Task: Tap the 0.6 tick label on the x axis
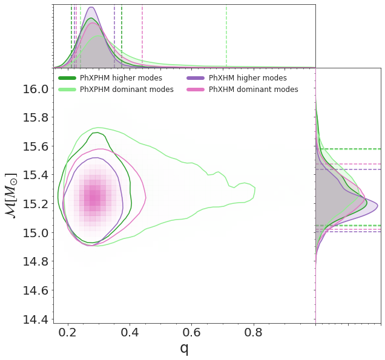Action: pyautogui.click(x=192, y=332)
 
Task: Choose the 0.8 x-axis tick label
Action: pyautogui.click(x=254, y=332)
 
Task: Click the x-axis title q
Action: pyautogui.click(x=184, y=349)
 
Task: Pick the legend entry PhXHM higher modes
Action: pyautogui.click(x=248, y=78)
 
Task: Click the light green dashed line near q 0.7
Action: pyautogui.click(x=226, y=36)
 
